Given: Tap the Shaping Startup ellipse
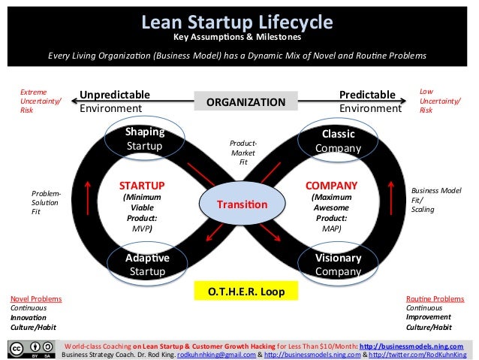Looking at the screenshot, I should (145, 138).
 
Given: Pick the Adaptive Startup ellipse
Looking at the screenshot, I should (147, 264).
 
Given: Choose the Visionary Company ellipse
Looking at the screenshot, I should (338, 264).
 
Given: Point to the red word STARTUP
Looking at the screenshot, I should (142, 185).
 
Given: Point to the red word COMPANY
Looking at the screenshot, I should (331, 185).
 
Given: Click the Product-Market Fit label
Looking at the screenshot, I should (243, 153).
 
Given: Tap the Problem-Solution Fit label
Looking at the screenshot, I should (47, 201).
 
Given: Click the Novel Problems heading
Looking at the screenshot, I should (36, 298).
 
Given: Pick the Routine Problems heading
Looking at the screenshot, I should (435, 298).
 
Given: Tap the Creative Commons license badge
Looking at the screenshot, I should (30, 349).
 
